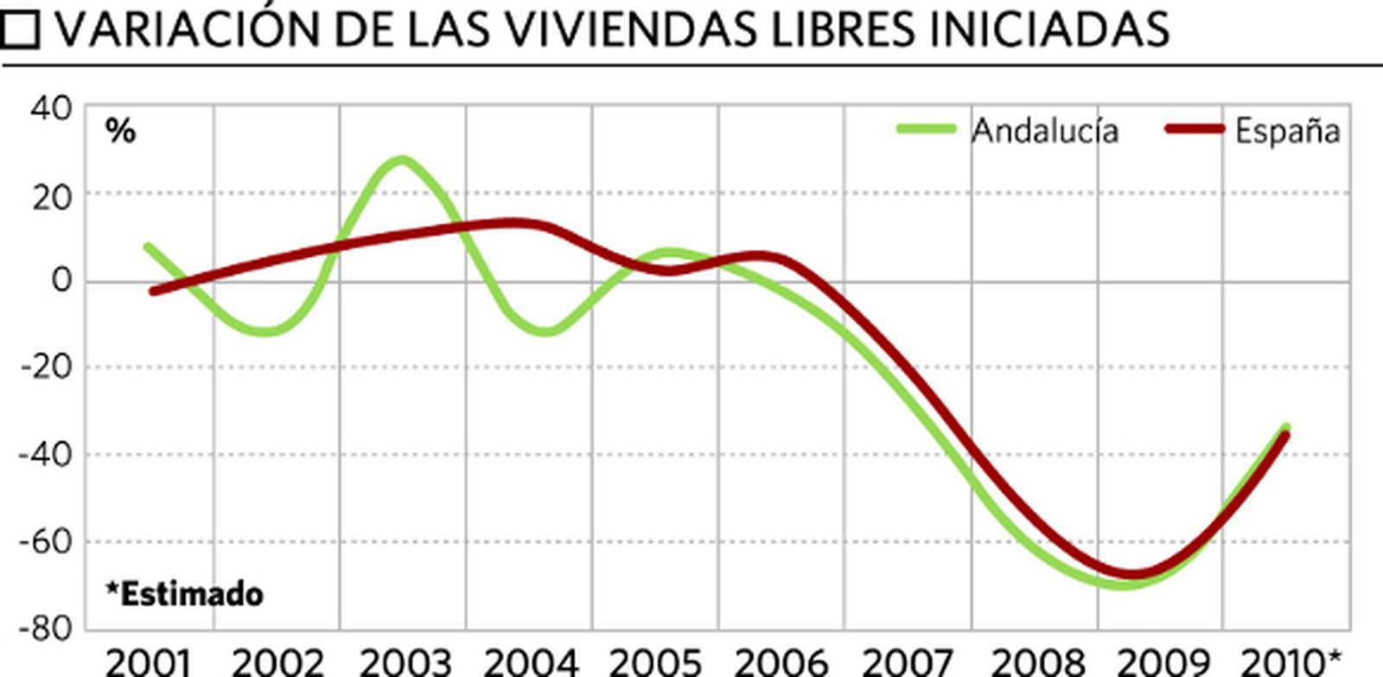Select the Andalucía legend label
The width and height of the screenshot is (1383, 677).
coord(1045,131)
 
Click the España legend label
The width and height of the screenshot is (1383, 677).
coord(1287,131)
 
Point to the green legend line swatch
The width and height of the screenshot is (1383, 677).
coord(926,130)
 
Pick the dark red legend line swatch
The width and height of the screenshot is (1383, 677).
coord(1195,130)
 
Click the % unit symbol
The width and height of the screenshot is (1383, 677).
coord(120,131)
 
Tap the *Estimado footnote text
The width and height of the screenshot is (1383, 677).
coord(184,594)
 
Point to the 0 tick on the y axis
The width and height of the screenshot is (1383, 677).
coord(61,280)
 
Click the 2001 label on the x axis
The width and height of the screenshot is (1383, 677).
coord(148,663)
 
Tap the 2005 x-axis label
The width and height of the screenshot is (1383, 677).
coord(654,663)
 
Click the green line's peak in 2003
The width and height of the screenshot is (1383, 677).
coord(401,160)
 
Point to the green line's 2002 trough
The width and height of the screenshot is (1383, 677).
coord(266,331)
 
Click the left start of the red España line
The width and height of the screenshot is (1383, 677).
coord(154,291)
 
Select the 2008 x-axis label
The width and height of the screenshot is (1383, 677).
coord(1037,663)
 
